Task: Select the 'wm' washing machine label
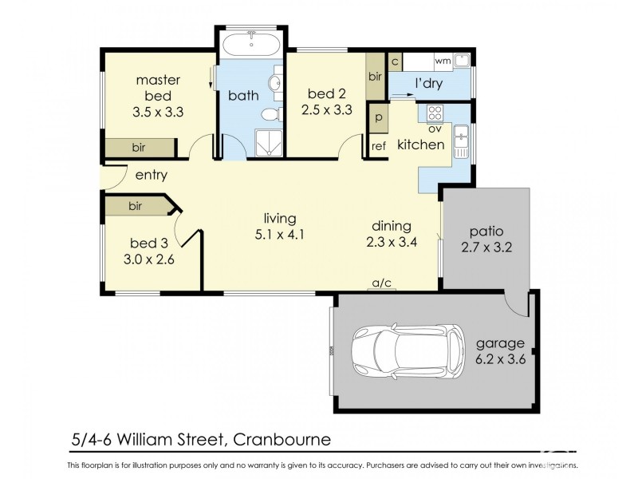[x=442, y=61]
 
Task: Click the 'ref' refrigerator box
[x=379, y=145]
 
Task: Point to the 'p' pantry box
[x=379, y=117]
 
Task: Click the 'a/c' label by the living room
[x=384, y=283]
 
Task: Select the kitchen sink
[x=461, y=144]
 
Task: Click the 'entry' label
[x=151, y=176]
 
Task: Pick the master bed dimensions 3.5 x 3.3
[x=158, y=112]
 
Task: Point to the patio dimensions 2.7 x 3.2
[x=486, y=247]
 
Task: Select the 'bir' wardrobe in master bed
[x=139, y=148]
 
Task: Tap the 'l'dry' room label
[x=428, y=84]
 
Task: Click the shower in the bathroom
[x=266, y=144]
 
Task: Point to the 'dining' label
[x=390, y=225]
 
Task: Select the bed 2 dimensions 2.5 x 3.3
[x=327, y=112]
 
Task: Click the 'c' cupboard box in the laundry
[x=395, y=61]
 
